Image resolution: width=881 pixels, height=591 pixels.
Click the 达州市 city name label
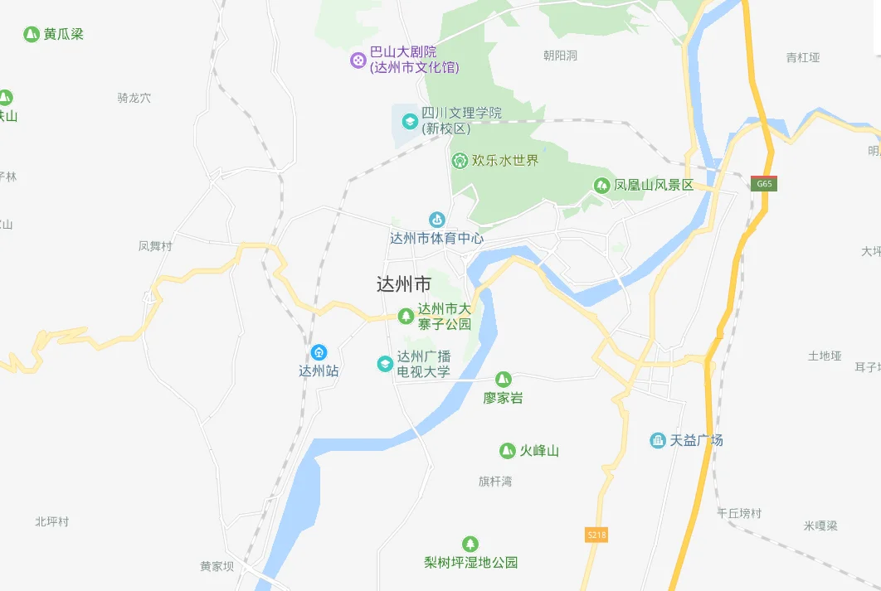coord(404,284)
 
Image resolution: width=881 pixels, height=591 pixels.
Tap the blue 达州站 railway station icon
coord(319,352)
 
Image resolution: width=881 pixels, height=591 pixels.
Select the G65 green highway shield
coord(764,184)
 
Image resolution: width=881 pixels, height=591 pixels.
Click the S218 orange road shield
coord(596,535)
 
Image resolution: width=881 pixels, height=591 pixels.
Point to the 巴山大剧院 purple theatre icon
coord(358,60)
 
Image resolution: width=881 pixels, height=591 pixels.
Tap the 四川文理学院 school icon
coord(409,121)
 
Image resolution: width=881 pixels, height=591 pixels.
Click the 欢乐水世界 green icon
coord(460,160)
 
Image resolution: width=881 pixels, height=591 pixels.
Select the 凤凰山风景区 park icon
coord(601,185)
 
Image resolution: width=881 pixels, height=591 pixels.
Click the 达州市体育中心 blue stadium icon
coord(436,220)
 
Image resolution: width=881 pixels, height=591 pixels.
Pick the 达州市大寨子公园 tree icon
coord(406,316)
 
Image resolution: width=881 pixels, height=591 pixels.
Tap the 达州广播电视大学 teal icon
coord(385,363)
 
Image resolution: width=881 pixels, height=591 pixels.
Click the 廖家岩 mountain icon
coord(504,380)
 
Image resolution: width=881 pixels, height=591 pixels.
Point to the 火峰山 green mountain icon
coord(507,451)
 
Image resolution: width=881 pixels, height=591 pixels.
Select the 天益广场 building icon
coord(658,440)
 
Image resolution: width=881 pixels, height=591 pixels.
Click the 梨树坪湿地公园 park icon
coord(470,544)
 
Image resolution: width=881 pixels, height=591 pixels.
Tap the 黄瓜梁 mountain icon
coord(32,35)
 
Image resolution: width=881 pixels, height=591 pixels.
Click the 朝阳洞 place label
coord(560,56)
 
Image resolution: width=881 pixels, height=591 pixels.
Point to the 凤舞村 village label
coord(155,246)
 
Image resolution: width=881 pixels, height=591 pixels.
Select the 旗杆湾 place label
coord(495,482)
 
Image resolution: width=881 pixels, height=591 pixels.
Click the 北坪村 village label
coord(52,521)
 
